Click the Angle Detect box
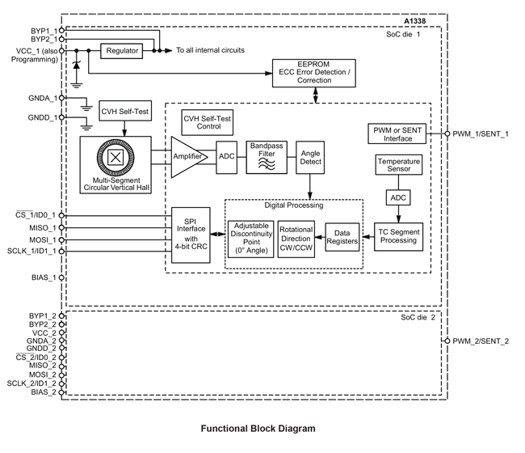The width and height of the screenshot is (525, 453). (310, 157)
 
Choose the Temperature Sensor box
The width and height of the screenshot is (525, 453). (399, 167)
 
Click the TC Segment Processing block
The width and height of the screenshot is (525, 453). (400, 235)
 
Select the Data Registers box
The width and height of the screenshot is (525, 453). (342, 235)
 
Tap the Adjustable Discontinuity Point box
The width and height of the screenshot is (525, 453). (250, 240)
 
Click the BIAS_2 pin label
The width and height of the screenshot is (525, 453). (43, 392)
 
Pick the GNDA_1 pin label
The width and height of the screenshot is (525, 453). (43, 99)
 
